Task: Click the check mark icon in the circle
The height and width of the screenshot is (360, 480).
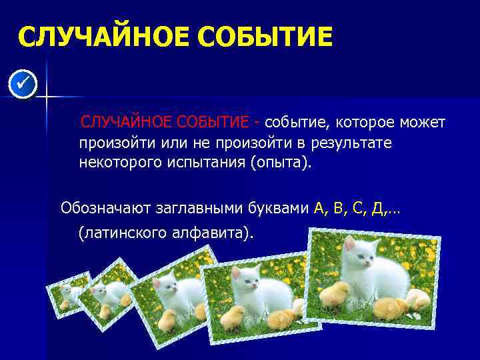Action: (23, 85)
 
